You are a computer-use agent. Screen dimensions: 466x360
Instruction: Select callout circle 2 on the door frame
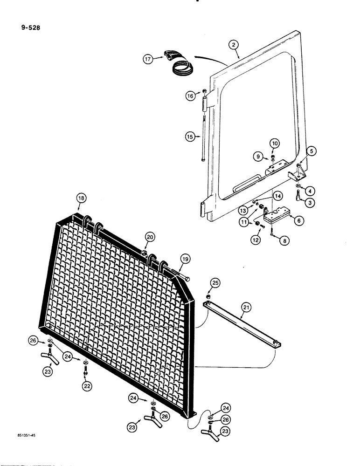234,45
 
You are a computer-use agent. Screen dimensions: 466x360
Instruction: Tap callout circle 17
148,59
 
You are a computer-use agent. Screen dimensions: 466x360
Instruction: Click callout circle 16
191,96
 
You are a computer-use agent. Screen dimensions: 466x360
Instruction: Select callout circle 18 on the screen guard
81,199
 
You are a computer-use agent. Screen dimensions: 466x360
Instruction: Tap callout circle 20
149,237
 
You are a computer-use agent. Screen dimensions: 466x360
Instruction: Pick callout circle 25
215,283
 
